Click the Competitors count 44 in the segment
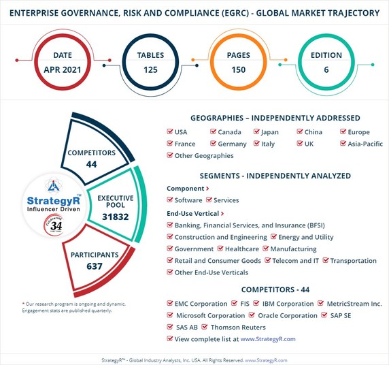(x=90, y=164)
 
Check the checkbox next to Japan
(x=257, y=132)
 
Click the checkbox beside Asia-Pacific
(x=343, y=144)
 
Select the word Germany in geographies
(x=232, y=144)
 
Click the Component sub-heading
(x=186, y=189)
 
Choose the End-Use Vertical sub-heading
(x=194, y=212)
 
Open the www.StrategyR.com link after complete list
(x=268, y=338)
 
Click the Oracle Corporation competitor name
(x=288, y=315)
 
